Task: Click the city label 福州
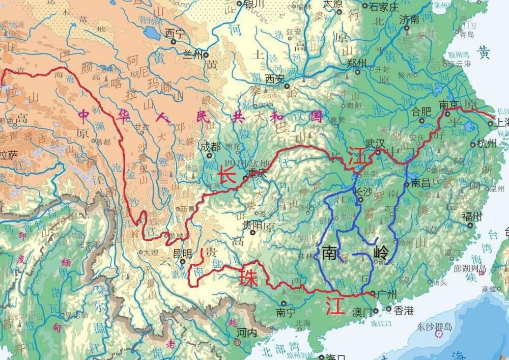[471, 216]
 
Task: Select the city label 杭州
[487, 144]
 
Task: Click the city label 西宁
[174, 33]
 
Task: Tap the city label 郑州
[356, 63]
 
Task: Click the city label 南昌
[421, 182]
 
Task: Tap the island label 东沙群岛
[435, 326]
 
